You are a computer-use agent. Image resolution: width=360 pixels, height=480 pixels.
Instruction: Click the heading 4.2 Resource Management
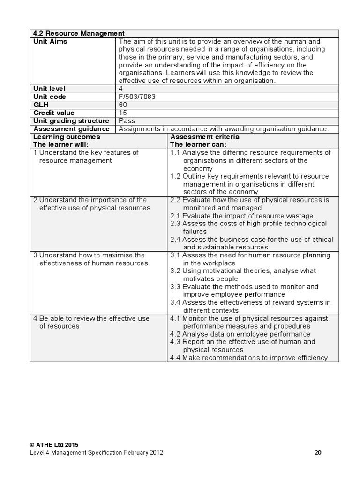[79, 33]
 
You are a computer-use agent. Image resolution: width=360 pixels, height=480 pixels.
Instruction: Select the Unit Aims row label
[50, 41]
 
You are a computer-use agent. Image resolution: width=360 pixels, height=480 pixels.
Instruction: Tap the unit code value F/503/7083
[137, 97]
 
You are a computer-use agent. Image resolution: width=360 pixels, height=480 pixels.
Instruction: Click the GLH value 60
[123, 105]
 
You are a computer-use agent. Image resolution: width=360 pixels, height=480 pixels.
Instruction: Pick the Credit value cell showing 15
[123, 112]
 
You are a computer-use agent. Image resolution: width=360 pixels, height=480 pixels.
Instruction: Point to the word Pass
[127, 120]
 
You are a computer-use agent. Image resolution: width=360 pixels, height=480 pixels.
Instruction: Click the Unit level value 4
[121, 89]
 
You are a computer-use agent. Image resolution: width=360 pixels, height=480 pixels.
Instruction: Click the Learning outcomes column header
[67, 137]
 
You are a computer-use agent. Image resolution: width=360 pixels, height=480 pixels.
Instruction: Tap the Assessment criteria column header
[205, 137]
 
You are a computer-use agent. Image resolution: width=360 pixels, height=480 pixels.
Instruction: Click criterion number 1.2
[175, 176]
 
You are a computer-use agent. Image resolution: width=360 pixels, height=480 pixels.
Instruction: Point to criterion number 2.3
[175, 224]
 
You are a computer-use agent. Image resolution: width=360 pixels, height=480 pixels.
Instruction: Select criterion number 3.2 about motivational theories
[175, 271]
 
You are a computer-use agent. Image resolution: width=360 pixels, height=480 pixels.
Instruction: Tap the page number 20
[318, 453]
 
